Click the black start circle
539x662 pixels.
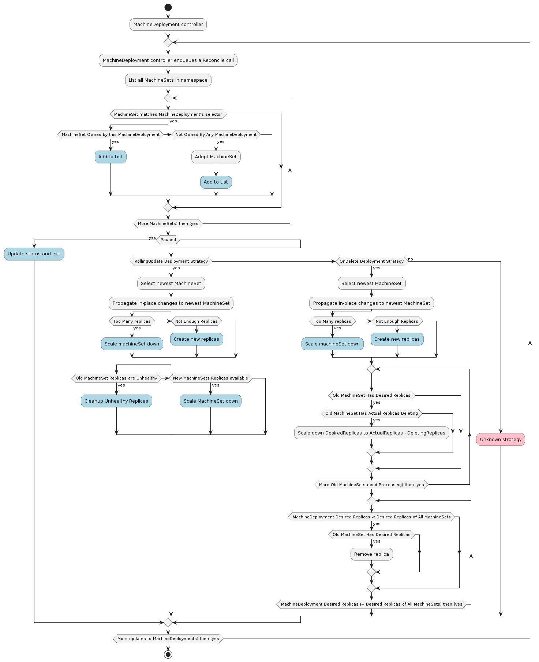pyautogui.click(x=168, y=7)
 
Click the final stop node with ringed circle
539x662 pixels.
pyautogui.click(x=168, y=654)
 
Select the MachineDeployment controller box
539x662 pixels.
pyautogui.click(x=168, y=25)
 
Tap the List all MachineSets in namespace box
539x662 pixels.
pyautogui.click(x=168, y=80)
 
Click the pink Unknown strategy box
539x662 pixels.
pyautogui.click(x=500, y=439)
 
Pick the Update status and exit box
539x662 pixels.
pyautogui.click(x=34, y=254)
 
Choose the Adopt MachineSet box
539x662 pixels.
pyautogui.click(x=216, y=157)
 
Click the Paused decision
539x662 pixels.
pyautogui.click(x=168, y=240)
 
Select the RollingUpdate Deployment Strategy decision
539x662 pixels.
pyautogui.click(x=171, y=261)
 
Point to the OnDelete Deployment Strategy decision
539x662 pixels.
pyautogui.click(x=371, y=261)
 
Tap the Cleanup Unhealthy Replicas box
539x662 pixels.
pyautogui.click(x=116, y=401)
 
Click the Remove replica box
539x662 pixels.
pyautogui.click(x=371, y=554)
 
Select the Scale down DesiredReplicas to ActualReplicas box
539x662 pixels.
pyautogui.click(x=371, y=433)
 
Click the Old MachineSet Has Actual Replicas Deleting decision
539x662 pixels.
pyautogui.click(x=371, y=413)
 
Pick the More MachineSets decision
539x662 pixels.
pyautogui.click(x=168, y=223)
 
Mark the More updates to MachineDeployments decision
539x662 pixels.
pyautogui.click(x=168, y=639)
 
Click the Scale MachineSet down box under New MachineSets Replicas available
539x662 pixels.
pyautogui.click(x=210, y=401)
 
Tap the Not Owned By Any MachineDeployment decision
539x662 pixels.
pyautogui.click(x=216, y=134)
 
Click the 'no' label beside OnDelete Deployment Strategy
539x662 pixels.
pyautogui.click(x=411, y=259)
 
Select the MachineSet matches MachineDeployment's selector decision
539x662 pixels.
pyautogui.click(x=168, y=114)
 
